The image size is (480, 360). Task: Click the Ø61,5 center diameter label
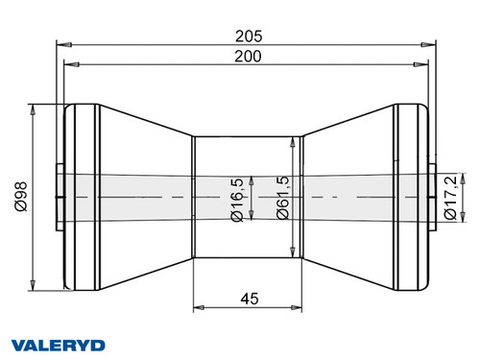[279, 199]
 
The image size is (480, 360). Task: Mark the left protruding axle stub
[60, 181]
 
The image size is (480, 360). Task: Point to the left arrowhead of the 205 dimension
[62, 44]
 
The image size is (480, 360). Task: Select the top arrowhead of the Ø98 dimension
[35, 106]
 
